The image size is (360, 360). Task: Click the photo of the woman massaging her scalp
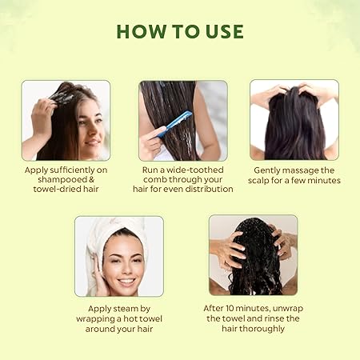coord(294,120)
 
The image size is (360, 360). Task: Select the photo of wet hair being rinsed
coord(253,256)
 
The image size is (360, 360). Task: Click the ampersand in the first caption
coord(102,181)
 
